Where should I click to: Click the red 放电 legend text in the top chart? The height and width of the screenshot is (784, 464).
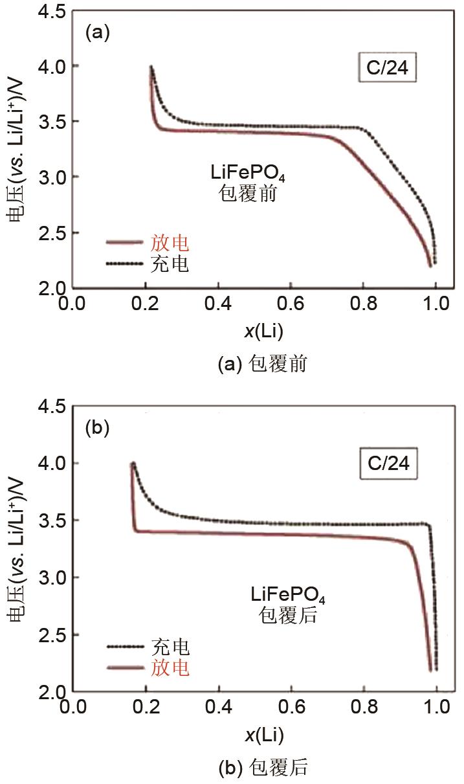tap(170, 243)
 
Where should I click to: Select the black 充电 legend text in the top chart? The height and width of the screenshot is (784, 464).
tap(170, 264)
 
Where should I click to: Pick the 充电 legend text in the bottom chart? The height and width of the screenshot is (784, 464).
tap(170, 646)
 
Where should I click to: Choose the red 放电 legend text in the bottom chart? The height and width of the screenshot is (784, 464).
tap(170, 667)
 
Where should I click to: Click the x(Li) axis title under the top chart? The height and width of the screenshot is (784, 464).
tap(263, 331)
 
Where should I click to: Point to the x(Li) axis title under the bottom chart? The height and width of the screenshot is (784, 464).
tap(263, 735)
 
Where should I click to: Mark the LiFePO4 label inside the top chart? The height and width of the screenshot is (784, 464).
tap(243, 174)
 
